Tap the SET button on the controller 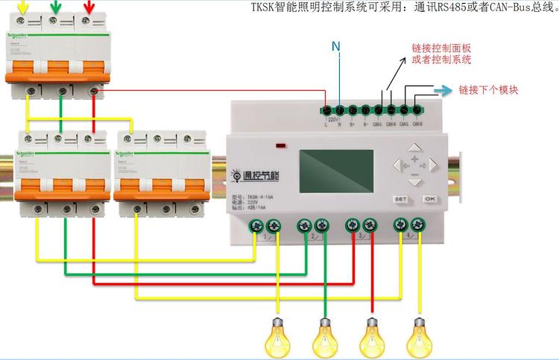[400, 199]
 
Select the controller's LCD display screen [335, 175]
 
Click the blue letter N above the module [336, 47]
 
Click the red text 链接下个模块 [488, 90]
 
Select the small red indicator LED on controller [282, 145]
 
